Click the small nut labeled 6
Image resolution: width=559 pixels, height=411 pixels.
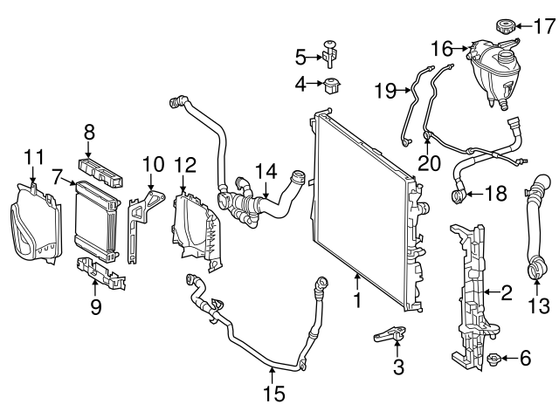pyautogui.click(x=493, y=359)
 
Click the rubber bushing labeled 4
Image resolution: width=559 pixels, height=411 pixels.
pyautogui.click(x=332, y=86)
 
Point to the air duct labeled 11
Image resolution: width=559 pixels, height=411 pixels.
pyautogui.click(x=33, y=223)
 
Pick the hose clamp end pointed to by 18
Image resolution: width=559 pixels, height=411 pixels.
pyautogui.click(x=456, y=193)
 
